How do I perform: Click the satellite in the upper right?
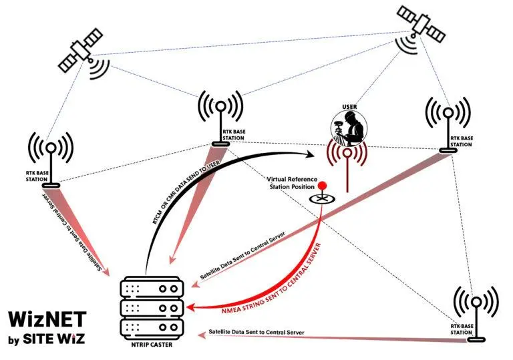421,24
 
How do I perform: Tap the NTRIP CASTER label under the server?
152,345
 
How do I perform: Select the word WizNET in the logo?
47,319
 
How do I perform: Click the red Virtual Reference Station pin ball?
323,185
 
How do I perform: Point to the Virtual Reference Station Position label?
292,183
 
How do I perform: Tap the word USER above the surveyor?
349,107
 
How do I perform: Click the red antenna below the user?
347,164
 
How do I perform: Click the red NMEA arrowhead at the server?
191,308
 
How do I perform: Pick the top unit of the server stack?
152,287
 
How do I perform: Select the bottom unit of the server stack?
152,328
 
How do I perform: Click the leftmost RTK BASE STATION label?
37,176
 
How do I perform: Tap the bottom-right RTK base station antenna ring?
476,302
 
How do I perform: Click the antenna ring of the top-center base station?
221,106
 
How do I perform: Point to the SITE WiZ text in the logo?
54,339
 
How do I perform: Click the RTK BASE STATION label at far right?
462,142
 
